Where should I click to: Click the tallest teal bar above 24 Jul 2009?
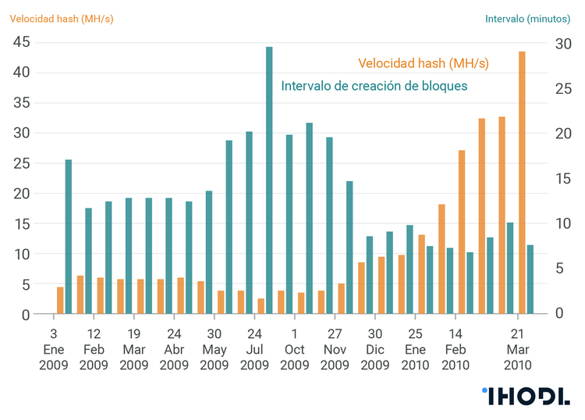click(269, 180)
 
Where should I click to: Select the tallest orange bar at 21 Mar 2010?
click(522, 183)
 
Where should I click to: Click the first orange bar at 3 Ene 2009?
click(60, 301)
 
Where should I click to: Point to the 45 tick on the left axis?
click(20, 42)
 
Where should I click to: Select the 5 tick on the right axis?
click(558, 269)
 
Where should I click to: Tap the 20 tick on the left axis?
click(20, 194)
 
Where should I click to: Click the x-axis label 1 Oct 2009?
click(294, 350)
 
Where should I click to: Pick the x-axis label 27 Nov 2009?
click(335, 350)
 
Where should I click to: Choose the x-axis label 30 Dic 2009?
click(374, 350)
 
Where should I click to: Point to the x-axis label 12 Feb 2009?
click(94, 350)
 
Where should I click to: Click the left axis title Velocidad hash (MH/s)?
click(62, 18)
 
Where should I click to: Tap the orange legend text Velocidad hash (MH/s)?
click(424, 62)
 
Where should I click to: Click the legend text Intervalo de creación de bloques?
click(374, 85)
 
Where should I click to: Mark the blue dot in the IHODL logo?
click(484, 390)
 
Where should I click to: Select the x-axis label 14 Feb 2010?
click(456, 350)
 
